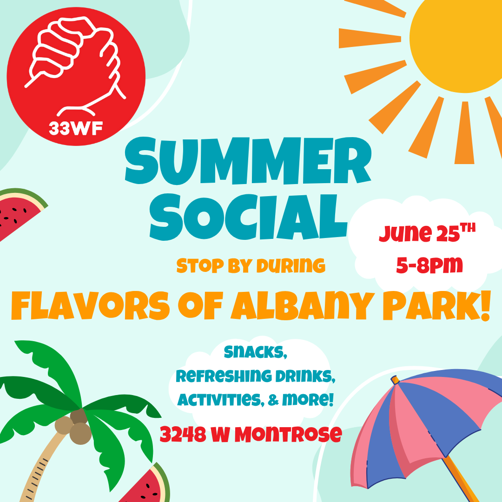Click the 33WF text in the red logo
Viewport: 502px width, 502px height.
pos(76,128)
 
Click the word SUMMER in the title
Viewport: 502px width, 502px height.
pos(248,161)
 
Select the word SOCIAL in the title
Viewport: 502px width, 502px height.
pos(249,217)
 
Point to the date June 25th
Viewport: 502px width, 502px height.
pos(427,232)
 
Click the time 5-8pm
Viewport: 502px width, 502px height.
pos(429,265)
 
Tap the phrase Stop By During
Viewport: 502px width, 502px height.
pos(251,266)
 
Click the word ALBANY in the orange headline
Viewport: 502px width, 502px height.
pos(303,305)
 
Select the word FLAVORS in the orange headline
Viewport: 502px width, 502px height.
pos(91,305)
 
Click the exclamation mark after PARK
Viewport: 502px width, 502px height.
pos(485,305)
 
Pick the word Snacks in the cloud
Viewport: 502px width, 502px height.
pos(256,352)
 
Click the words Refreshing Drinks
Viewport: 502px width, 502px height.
pos(256,376)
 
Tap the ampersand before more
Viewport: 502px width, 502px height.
pos(273,400)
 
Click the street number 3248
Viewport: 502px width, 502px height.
pos(183,434)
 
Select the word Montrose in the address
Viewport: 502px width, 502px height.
pos(288,434)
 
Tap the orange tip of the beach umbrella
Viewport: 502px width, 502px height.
pos(395,380)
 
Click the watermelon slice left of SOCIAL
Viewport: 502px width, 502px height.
pos(19,211)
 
